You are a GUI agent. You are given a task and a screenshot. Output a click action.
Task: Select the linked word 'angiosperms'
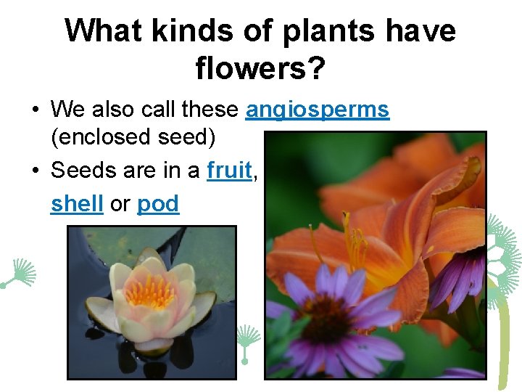(318, 110)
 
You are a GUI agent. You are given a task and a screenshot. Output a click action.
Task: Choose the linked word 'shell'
(78, 204)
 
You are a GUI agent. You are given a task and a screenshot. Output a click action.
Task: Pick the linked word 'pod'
(157, 204)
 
